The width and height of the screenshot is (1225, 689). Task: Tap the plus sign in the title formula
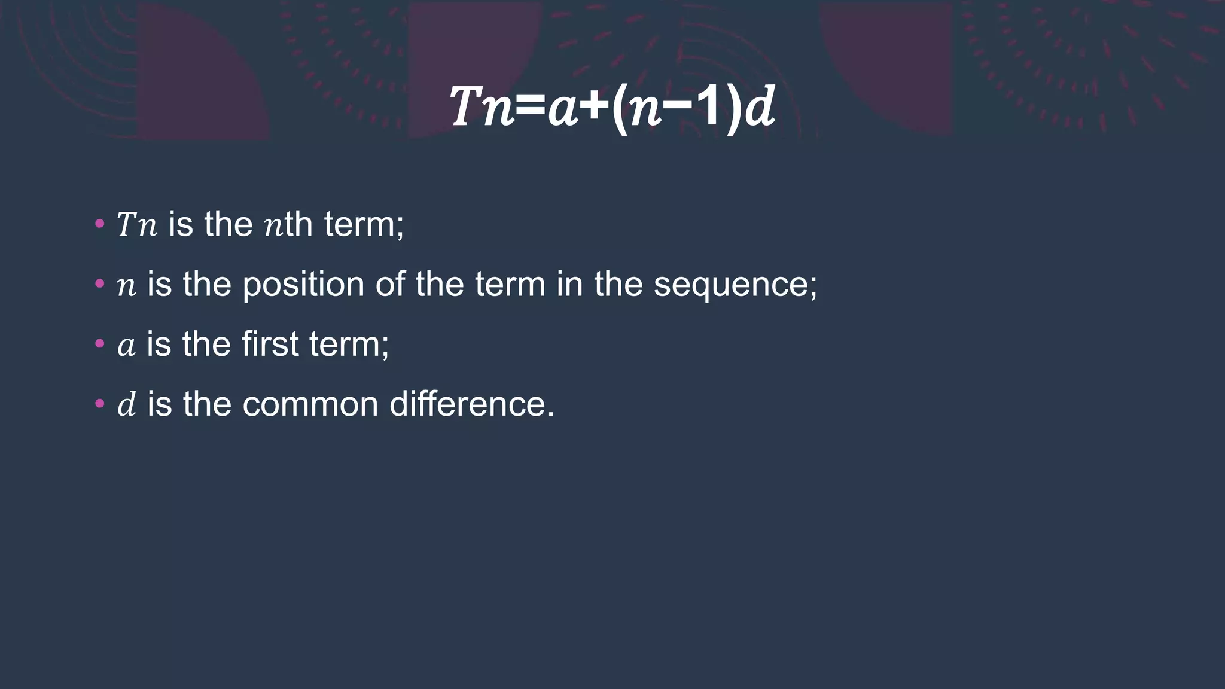coord(595,108)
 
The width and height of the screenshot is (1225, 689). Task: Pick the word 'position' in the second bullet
coord(303,285)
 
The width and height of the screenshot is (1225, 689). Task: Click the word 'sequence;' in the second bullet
coord(735,285)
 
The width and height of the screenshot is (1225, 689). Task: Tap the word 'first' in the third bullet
coord(270,344)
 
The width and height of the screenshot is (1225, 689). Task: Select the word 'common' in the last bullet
coord(310,404)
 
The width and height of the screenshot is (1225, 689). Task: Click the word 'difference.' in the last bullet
coord(472,404)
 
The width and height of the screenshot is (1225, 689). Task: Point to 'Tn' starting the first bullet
coord(137,225)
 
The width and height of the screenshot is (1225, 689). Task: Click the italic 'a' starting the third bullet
coord(126,346)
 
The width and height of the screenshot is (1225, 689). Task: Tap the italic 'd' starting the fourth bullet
coord(127,404)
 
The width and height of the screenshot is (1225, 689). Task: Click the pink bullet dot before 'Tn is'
coord(100,225)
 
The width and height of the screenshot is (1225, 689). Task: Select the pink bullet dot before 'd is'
coord(100,404)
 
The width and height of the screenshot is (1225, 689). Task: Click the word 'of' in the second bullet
coord(390,285)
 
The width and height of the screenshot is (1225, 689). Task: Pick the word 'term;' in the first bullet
coord(364,225)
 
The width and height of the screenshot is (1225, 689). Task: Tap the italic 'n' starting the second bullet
coord(126,286)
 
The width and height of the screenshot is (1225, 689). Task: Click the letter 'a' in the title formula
coord(563,109)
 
